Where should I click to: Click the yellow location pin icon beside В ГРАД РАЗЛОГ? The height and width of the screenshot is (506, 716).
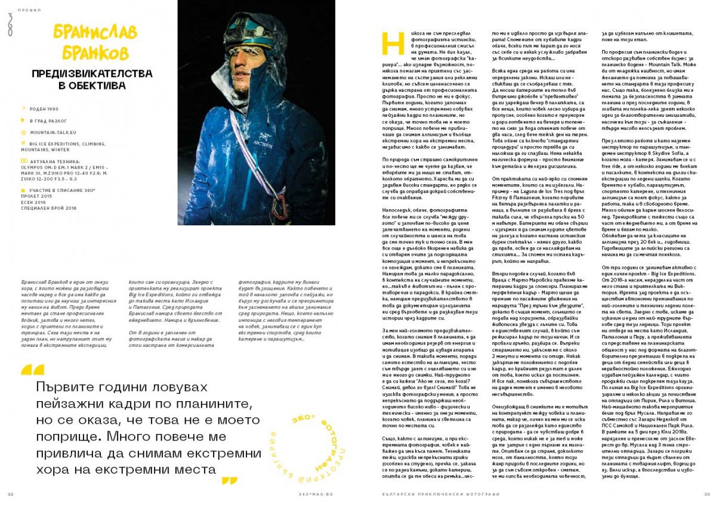(x=23, y=122)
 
